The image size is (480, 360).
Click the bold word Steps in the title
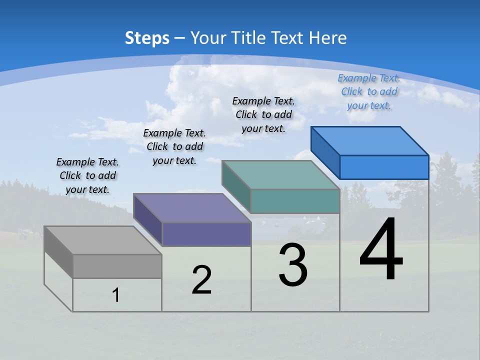(x=147, y=38)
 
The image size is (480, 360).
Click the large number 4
(x=381, y=250)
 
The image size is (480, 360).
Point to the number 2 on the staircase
(x=202, y=279)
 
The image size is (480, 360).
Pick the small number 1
(x=116, y=295)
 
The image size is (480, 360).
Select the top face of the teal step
(x=280, y=175)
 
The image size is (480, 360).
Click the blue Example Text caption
(x=369, y=91)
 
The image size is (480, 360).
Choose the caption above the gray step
(x=87, y=175)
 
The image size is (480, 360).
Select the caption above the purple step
(x=174, y=146)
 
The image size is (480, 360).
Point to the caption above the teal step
(x=263, y=114)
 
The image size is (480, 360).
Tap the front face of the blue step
(x=384, y=167)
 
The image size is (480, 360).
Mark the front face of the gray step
(x=117, y=266)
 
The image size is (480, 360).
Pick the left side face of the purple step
(x=148, y=219)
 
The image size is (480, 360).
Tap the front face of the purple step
(x=206, y=234)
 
